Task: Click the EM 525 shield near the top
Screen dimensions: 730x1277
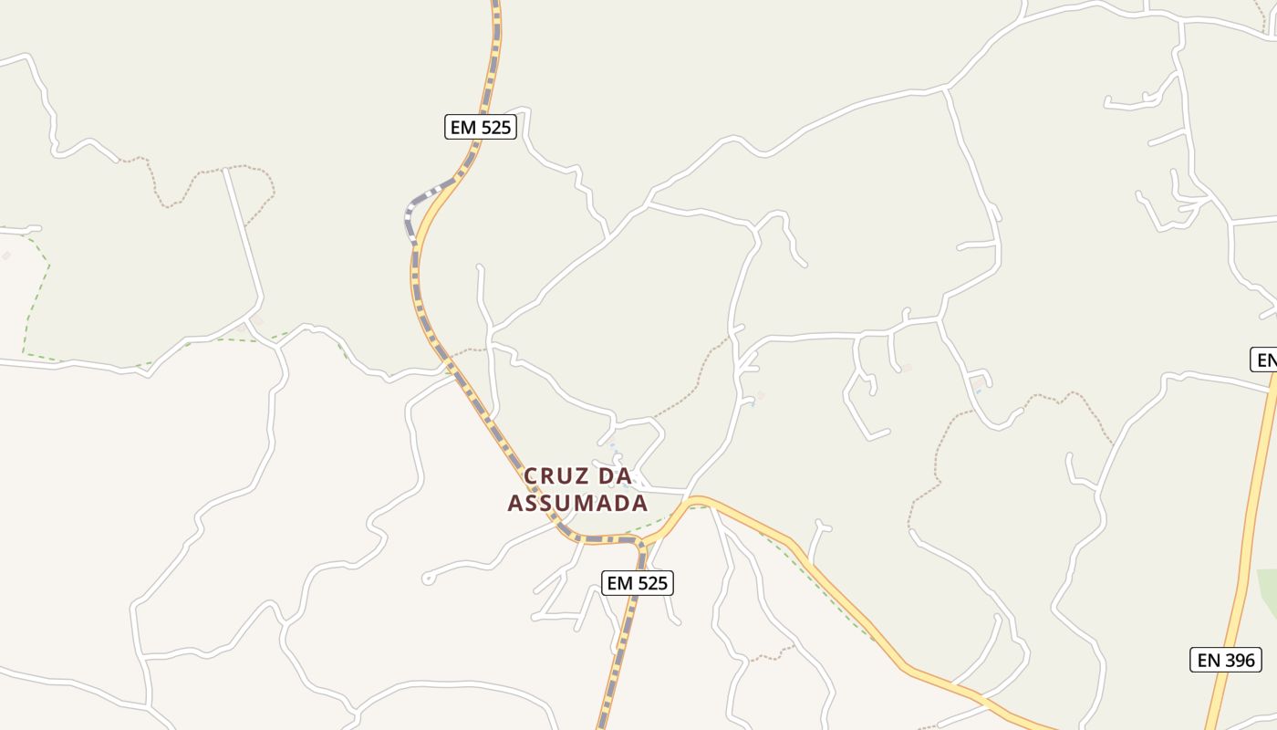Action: tap(481, 127)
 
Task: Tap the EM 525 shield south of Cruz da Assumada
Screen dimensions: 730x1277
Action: tap(638, 582)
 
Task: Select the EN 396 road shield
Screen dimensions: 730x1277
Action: tap(1226, 659)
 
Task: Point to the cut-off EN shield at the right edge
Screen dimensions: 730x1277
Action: tap(1264, 360)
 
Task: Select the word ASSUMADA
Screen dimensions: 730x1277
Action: tap(577, 503)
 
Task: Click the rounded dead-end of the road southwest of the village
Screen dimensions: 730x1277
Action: tap(427, 579)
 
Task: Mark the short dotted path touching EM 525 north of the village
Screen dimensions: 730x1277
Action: tap(471, 350)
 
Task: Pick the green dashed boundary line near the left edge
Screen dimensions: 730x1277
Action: tap(36, 292)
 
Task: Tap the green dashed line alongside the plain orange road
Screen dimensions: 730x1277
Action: tap(821, 584)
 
